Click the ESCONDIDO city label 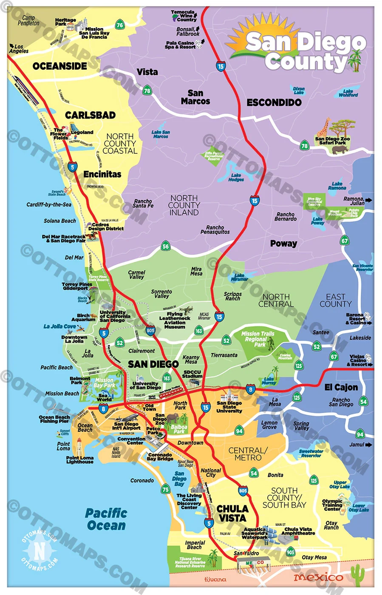274,102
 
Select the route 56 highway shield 166,246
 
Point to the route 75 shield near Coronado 166,489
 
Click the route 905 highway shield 290,552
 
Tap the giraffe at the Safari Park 325,127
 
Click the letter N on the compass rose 39,551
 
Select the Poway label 283,244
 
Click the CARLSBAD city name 90,115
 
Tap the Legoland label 82,133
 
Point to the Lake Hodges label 236,177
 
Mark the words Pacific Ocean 106,519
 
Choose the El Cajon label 341,387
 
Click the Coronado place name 142,481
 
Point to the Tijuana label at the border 215,579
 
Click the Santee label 321,332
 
